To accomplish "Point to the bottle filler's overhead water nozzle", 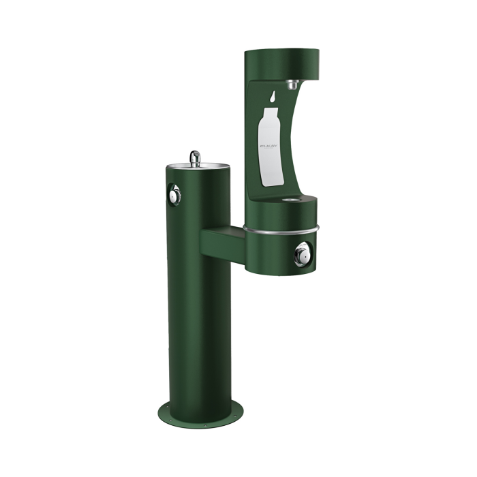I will tap(292, 84).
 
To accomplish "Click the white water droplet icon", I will tap(273, 97).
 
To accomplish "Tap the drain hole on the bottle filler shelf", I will tap(290, 201).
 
